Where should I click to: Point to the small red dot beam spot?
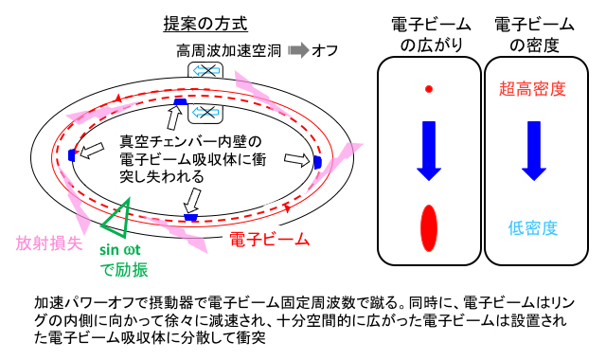[x=429, y=89]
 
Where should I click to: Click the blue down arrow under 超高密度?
[x=532, y=151]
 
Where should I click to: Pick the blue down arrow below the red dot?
[x=429, y=151]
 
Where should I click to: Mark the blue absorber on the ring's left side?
[x=71, y=155]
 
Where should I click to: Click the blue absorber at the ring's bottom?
[x=190, y=217]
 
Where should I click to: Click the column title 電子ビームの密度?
[x=530, y=32]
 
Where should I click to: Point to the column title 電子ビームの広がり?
[x=428, y=32]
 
